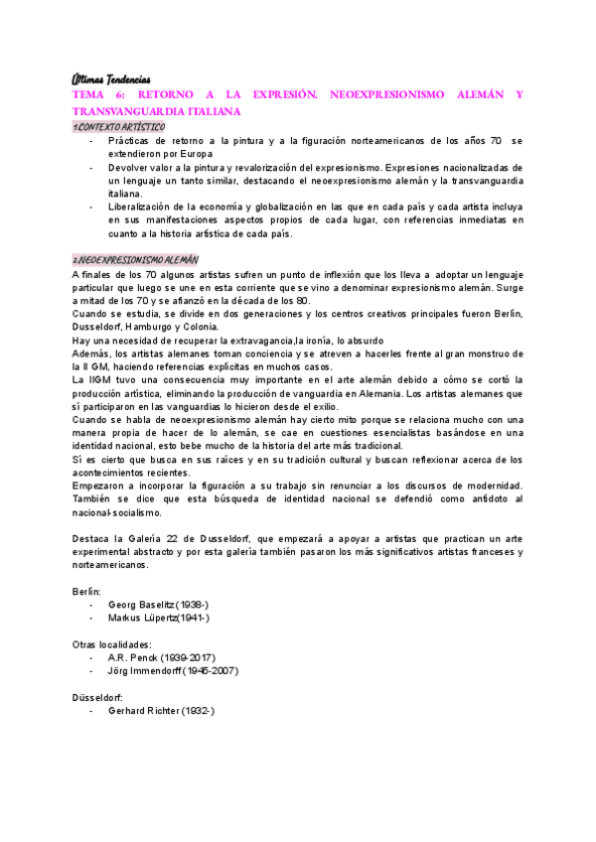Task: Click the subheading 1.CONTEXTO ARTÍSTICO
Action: coord(119,128)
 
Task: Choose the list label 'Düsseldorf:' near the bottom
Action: coord(98,697)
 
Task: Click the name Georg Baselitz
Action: coord(142,604)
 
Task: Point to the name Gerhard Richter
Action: coord(146,711)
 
